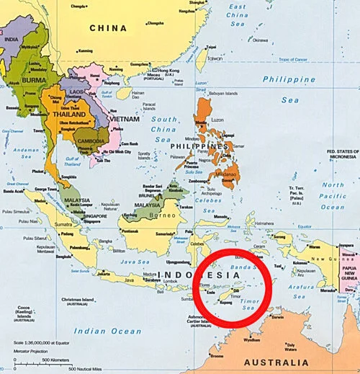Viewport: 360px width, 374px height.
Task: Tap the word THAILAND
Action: [x=68, y=114]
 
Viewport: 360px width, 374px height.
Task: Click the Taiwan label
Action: [x=215, y=58]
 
